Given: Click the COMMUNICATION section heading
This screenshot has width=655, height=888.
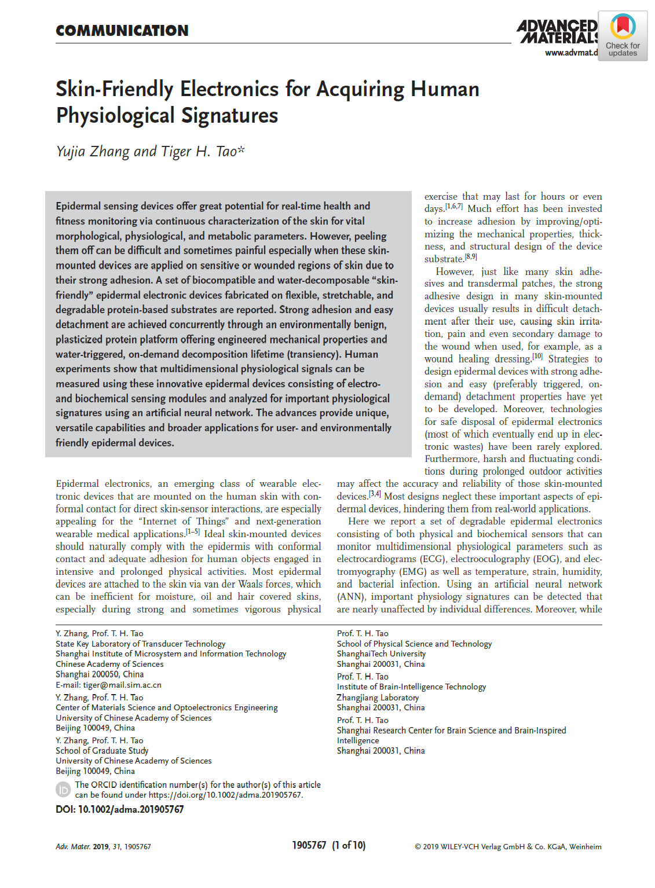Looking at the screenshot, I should pos(122,31).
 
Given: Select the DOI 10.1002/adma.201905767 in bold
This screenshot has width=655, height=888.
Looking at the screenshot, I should pos(130,809).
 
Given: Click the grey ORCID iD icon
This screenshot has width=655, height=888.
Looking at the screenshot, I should pos(63,790).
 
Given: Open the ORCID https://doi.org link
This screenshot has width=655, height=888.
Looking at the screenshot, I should pos(225,795).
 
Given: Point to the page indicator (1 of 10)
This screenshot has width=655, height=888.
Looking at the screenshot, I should pos(349,846).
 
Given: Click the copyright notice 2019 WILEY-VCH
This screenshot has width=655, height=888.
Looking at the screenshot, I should pos(508,846).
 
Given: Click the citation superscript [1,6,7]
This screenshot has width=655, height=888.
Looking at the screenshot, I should pos(454,206).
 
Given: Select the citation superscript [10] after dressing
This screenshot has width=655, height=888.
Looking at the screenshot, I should pos(537,356).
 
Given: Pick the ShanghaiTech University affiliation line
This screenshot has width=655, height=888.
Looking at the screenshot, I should pos(381,654).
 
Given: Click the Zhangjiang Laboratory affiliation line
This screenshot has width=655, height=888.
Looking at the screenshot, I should pos(378,698).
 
